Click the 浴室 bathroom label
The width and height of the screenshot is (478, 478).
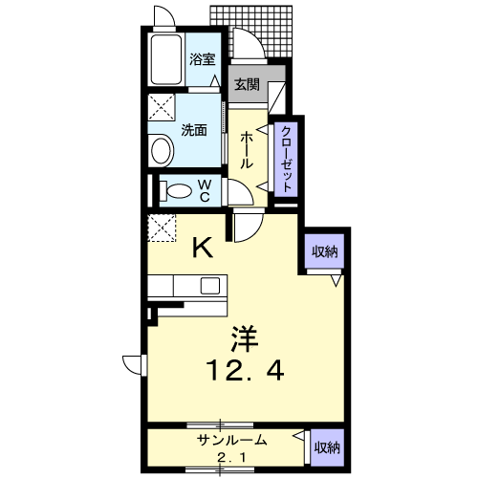tap(203, 59)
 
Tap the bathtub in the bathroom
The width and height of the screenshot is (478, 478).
tap(166, 59)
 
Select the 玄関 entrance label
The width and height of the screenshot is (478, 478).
tap(247, 84)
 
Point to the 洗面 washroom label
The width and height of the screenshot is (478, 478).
tap(194, 130)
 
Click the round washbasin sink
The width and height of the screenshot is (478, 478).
tap(162, 150)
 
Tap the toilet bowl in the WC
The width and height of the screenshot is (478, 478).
tap(176, 191)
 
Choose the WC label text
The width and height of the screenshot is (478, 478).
tap(205, 190)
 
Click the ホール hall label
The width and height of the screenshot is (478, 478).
tap(247, 150)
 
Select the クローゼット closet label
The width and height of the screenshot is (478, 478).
tap(287, 159)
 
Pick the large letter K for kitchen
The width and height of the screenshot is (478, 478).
tap(203, 248)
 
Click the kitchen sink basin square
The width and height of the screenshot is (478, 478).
tap(210, 286)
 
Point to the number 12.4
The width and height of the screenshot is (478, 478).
tap(245, 370)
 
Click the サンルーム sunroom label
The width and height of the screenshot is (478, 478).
tap(231, 441)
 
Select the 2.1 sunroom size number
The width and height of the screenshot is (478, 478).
tap(231, 458)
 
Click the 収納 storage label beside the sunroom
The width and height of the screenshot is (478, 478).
tap(327, 447)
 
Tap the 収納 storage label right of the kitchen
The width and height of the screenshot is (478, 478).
tap(324, 251)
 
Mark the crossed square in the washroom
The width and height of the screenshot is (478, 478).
tap(162, 107)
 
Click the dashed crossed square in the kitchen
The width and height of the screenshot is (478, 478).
tap(162, 228)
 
